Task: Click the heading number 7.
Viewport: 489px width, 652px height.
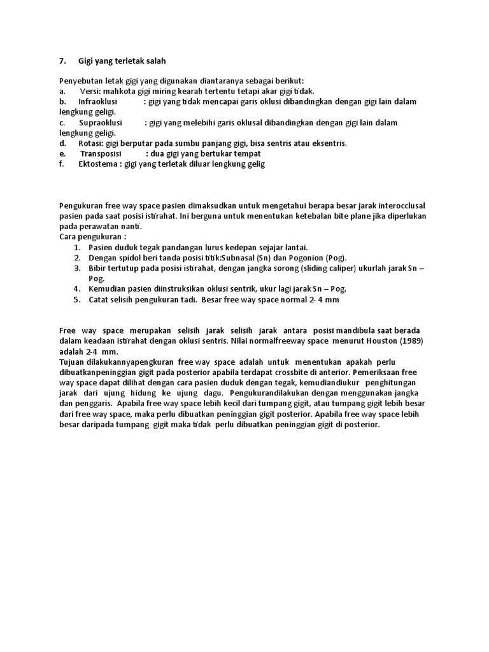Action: (62, 61)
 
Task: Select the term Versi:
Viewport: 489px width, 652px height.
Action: (90, 91)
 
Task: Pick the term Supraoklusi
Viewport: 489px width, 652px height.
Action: (100, 122)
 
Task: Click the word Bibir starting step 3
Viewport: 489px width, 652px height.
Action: (98, 268)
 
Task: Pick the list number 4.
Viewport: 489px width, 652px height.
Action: (76, 288)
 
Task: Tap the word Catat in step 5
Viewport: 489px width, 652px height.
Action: (99, 299)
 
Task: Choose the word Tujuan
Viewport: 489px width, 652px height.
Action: (73, 361)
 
